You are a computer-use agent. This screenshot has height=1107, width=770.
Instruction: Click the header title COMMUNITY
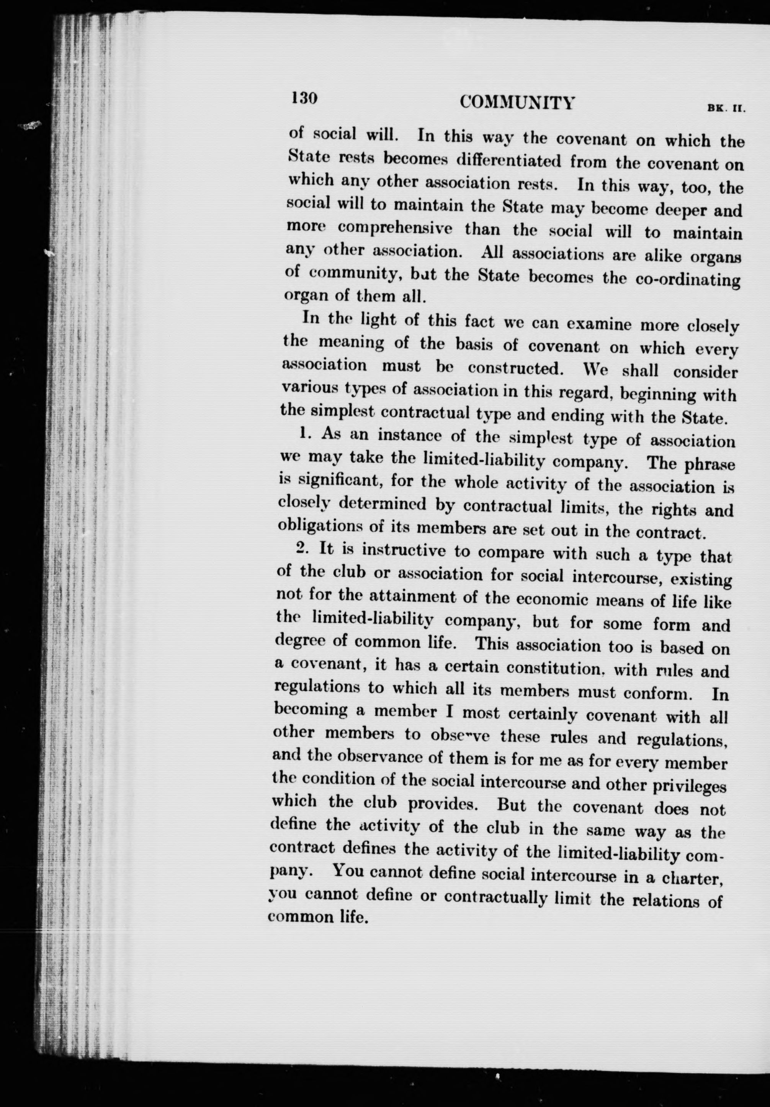(517, 102)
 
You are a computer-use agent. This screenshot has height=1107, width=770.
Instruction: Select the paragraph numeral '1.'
(304, 433)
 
